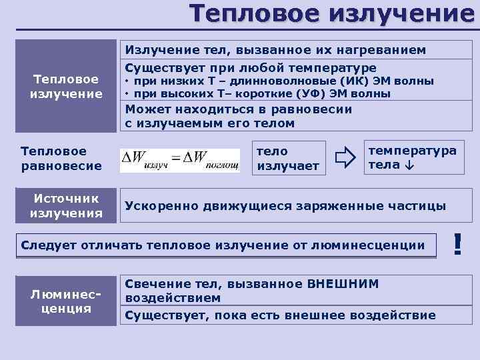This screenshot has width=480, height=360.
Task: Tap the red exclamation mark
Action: tap(457, 244)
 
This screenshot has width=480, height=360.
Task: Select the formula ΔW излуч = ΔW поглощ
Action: tap(179, 161)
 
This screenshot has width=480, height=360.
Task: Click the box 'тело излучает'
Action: tap(288, 159)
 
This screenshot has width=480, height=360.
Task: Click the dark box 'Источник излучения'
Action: tap(66, 206)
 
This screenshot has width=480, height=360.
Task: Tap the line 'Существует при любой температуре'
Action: tap(251, 68)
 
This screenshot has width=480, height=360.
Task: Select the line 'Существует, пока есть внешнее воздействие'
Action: tap(280, 314)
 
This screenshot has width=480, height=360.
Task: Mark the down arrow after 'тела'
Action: tap(407, 165)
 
